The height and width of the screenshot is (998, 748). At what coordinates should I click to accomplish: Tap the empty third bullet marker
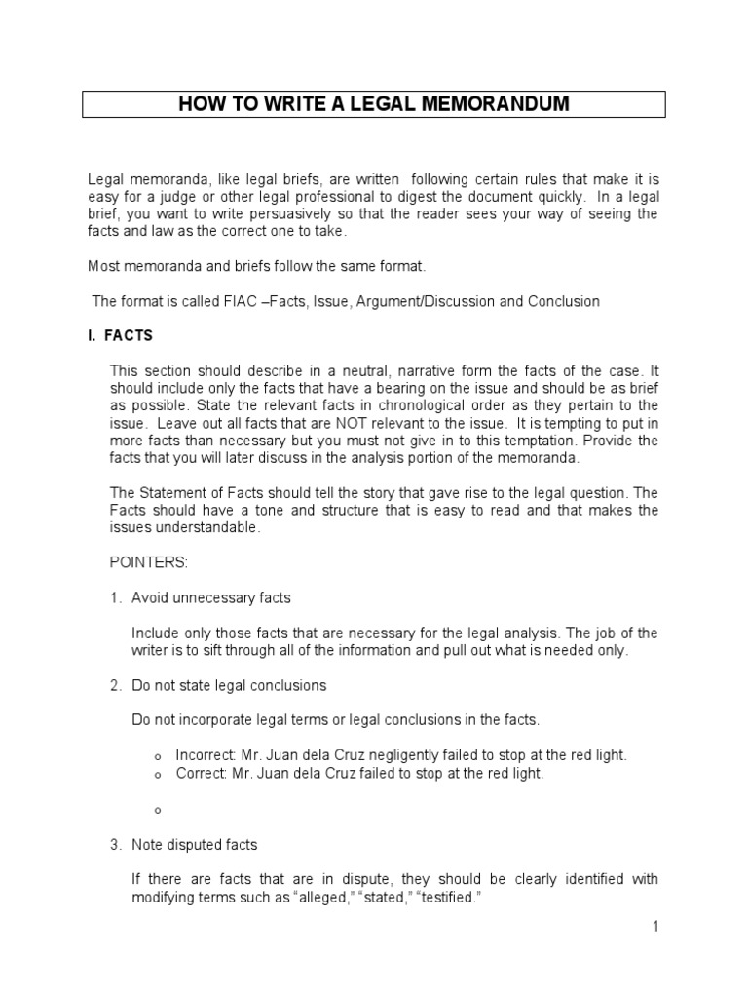point(157,810)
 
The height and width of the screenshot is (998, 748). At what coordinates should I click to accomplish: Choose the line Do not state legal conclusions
point(229,685)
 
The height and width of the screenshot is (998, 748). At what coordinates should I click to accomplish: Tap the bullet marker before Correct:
point(157,775)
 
